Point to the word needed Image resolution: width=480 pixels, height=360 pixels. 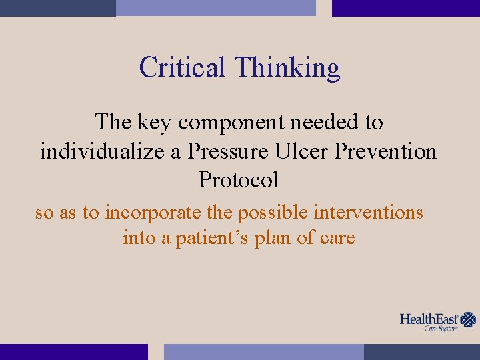coord(321,122)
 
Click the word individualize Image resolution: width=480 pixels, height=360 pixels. coord(101,151)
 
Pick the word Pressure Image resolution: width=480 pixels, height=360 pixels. coord(225,151)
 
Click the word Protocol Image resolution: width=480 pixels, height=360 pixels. coord(238,180)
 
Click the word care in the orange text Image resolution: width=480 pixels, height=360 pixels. coord(337,238)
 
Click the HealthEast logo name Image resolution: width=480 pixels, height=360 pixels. coord(430,319)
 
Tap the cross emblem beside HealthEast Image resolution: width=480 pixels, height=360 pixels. coord(469,319)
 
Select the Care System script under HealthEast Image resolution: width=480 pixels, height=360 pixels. coord(442,329)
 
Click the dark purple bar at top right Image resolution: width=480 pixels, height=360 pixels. coord(405,8)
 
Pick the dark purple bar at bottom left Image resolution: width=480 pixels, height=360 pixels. coord(73,351)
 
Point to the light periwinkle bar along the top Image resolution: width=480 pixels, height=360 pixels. coord(215,8)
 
